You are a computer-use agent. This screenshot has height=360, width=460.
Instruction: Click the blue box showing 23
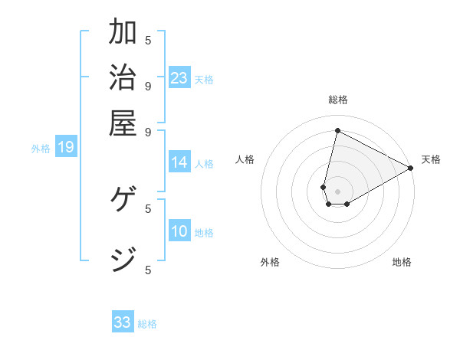179,78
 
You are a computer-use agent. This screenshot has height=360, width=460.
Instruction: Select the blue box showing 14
179,162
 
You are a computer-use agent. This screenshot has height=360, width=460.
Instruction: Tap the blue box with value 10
179,232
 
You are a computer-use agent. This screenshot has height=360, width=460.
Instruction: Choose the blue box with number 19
66,148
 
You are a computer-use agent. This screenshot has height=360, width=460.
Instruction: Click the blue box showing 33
123,322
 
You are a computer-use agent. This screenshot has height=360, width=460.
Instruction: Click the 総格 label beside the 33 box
148,324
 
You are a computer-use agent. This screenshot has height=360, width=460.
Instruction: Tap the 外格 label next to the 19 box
41,149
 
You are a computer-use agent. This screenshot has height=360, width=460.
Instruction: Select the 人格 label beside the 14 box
205,163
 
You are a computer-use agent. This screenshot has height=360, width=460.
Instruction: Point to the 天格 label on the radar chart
431,159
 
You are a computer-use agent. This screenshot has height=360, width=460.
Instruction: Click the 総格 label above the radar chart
338,100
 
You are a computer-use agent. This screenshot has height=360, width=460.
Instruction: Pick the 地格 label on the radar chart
402,262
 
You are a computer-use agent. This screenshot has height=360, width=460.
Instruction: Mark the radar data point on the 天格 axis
411,168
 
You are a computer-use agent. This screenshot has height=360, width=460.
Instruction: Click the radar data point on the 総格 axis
337,130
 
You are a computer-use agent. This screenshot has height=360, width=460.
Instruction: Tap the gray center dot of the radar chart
337,191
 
